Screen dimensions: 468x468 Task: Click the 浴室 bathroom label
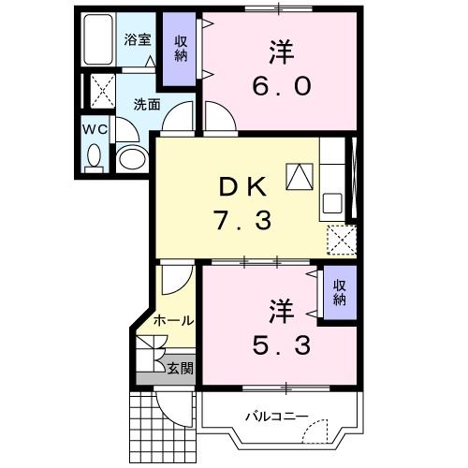(138, 40)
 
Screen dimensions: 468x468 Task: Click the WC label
(94, 129)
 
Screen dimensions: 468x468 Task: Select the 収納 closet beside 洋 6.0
(181, 48)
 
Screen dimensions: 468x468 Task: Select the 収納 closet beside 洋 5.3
(339, 293)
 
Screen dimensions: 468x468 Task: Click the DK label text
(245, 186)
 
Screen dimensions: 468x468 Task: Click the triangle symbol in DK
(300, 175)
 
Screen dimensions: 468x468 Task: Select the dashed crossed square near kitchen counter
(342, 240)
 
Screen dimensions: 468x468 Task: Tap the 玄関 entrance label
(180, 369)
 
